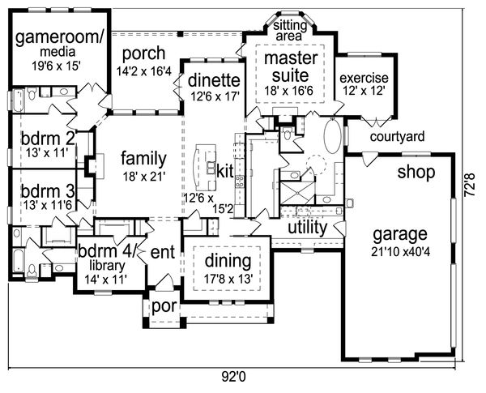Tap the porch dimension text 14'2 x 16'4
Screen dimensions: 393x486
(x=144, y=70)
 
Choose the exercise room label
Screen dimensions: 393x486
(x=364, y=78)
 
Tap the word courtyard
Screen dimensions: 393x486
(x=398, y=137)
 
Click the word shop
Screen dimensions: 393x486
(x=416, y=173)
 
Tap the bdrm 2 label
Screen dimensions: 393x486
(x=48, y=139)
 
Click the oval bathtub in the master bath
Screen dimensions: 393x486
(x=332, y=138)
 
